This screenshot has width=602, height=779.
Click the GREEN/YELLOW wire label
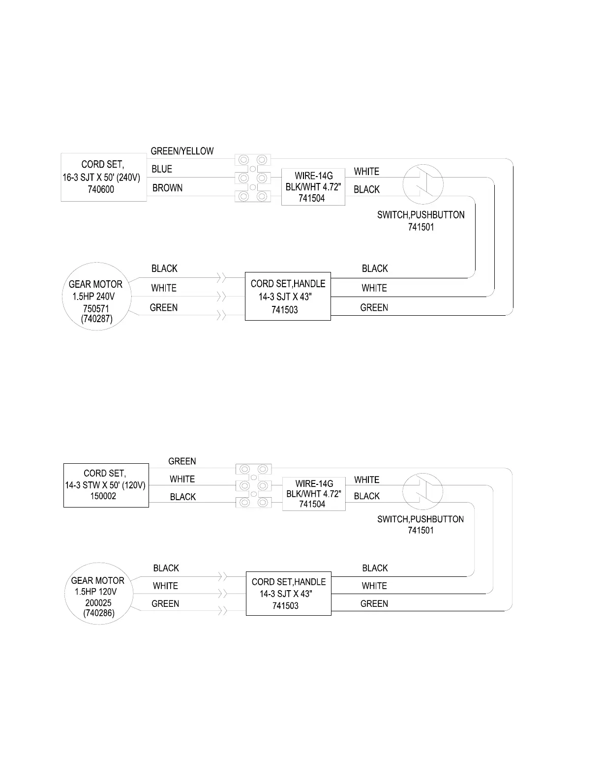(182, 151)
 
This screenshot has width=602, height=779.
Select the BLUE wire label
(162, 169)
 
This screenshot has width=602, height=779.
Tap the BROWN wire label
(167, 188)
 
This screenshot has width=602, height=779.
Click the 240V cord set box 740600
(103, 177)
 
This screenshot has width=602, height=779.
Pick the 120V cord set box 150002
(106, 485)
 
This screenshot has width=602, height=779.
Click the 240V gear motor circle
(96, 296)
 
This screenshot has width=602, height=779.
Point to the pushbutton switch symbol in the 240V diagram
(423, 185)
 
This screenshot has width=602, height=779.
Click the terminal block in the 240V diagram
(253, 178)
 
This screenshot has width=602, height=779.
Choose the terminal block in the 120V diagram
(253, 486)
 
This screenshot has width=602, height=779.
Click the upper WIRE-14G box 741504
(313, 187)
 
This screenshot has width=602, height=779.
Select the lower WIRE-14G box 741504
(314, 494)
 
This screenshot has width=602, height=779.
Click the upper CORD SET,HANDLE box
(288, 296)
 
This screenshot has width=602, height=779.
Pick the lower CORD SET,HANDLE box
(288, 594)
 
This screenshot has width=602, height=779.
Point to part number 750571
(96, 308)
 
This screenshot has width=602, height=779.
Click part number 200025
(98, 603)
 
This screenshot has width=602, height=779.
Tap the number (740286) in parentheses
(98, 613)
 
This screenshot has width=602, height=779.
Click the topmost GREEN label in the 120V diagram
(182, 461)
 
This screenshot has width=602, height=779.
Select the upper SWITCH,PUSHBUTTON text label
(421, 215)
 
